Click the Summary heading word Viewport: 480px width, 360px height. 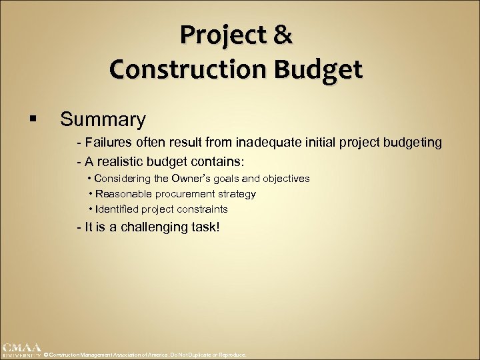[103, 119]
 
